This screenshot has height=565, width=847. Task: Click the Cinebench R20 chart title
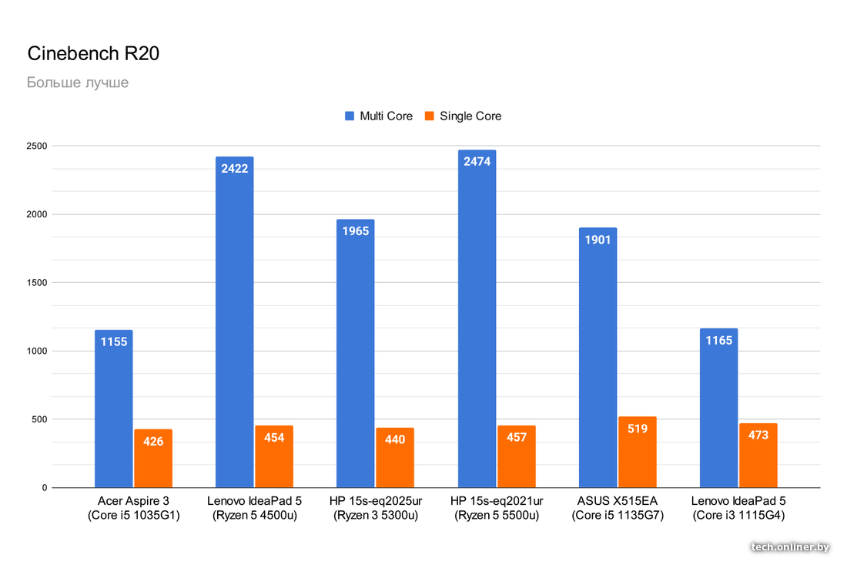(93, 54)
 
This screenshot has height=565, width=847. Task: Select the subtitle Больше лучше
(78, 82)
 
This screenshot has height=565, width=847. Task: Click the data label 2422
(235, 168)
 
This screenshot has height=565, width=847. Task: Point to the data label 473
(758, 435)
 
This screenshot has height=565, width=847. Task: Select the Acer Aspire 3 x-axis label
(134, 509)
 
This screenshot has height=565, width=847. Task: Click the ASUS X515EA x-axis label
(618, 509)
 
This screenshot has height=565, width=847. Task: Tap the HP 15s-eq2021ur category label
(497, 509)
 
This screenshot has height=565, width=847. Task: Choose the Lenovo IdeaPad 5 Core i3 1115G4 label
(738, 509)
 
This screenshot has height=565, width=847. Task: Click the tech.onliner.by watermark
(790, 547)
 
